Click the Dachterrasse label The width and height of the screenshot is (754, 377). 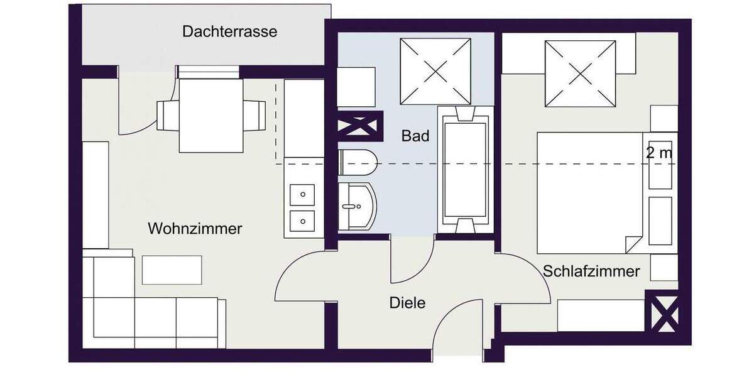click(229, 31)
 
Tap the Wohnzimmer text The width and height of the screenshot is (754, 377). click(195, 229)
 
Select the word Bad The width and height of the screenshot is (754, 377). click(415, 135)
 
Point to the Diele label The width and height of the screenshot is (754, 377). click(407, 303)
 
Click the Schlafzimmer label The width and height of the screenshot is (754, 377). click(591, 271)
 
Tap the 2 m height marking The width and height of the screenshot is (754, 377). click(658, 152)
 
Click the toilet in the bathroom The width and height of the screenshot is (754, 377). click(357, 163)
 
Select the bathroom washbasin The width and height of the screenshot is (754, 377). click(356, 205)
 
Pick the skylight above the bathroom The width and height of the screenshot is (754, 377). click(435, 71)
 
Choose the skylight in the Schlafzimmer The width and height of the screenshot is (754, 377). click(580, 74)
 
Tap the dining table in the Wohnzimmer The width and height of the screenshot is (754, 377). click(210, 115)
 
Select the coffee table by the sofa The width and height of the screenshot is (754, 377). click(172, 270)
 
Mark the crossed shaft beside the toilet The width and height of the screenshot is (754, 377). click(361, 125)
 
